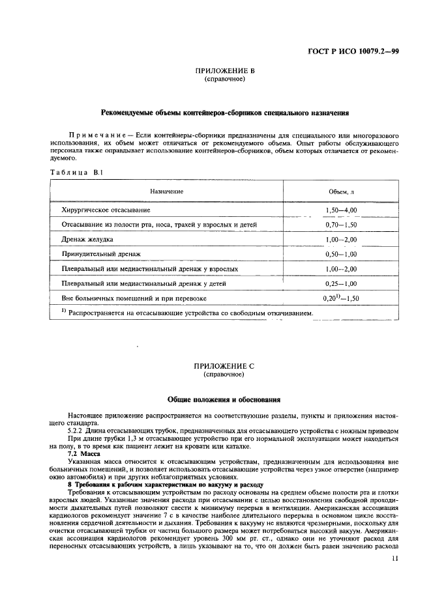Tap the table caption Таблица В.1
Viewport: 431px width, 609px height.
click(72, 173)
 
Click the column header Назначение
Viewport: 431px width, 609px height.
click(166, 191)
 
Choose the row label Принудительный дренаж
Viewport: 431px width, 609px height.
click(100, 254)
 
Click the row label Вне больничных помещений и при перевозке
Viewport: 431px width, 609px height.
click(134, 298)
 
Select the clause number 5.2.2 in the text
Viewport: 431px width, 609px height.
click(77, 431)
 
